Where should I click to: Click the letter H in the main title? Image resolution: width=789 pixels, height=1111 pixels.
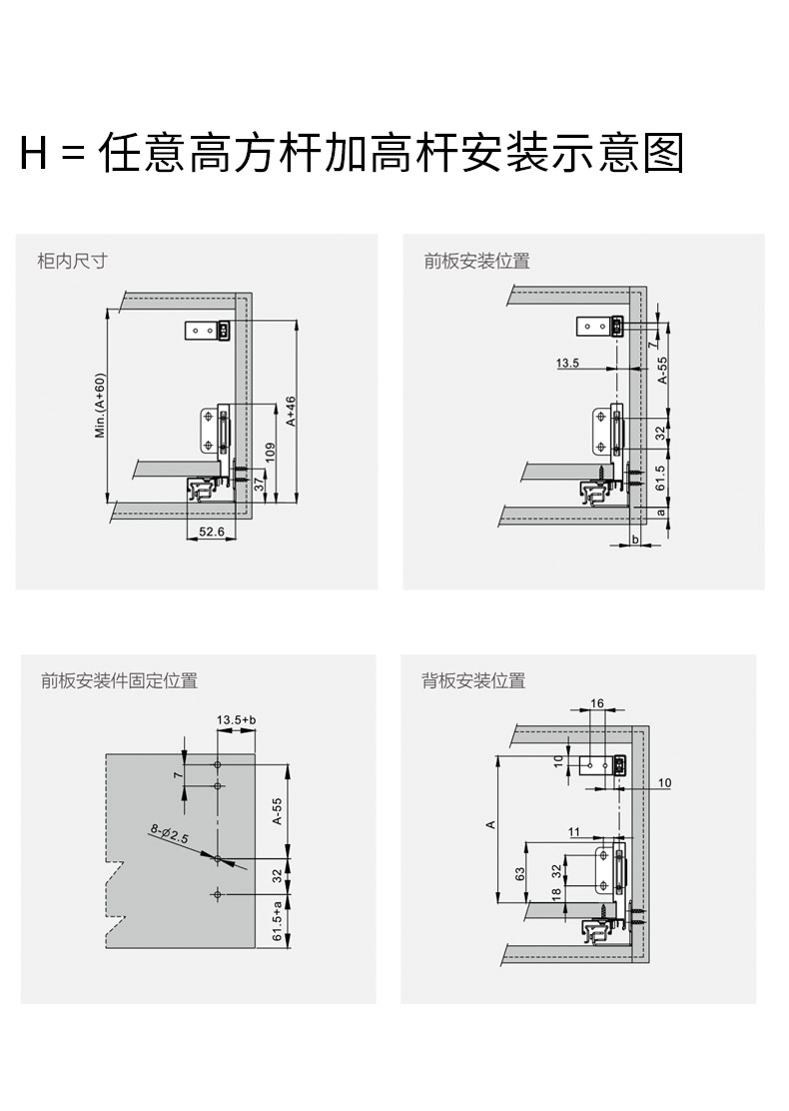34,154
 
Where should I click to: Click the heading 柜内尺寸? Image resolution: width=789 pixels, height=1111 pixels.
72,261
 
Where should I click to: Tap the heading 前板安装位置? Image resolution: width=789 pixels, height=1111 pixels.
476,261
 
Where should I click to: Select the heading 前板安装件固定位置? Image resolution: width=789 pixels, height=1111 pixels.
119,680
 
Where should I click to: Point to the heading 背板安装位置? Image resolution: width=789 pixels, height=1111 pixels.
473,680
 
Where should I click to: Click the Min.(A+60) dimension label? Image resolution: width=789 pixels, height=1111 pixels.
99,406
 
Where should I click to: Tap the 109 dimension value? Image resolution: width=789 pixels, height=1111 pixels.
271,453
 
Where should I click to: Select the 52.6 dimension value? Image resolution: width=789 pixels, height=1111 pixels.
211,532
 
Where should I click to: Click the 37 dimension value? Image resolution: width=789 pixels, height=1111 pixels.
260,484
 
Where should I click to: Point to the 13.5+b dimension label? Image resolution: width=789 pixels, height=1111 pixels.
237,720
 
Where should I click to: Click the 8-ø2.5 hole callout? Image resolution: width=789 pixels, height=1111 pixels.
170,832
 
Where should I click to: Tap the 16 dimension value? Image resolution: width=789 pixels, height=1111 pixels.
596,703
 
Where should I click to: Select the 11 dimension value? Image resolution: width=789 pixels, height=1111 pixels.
574,831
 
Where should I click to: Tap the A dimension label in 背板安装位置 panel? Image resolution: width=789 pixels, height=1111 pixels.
490,824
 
